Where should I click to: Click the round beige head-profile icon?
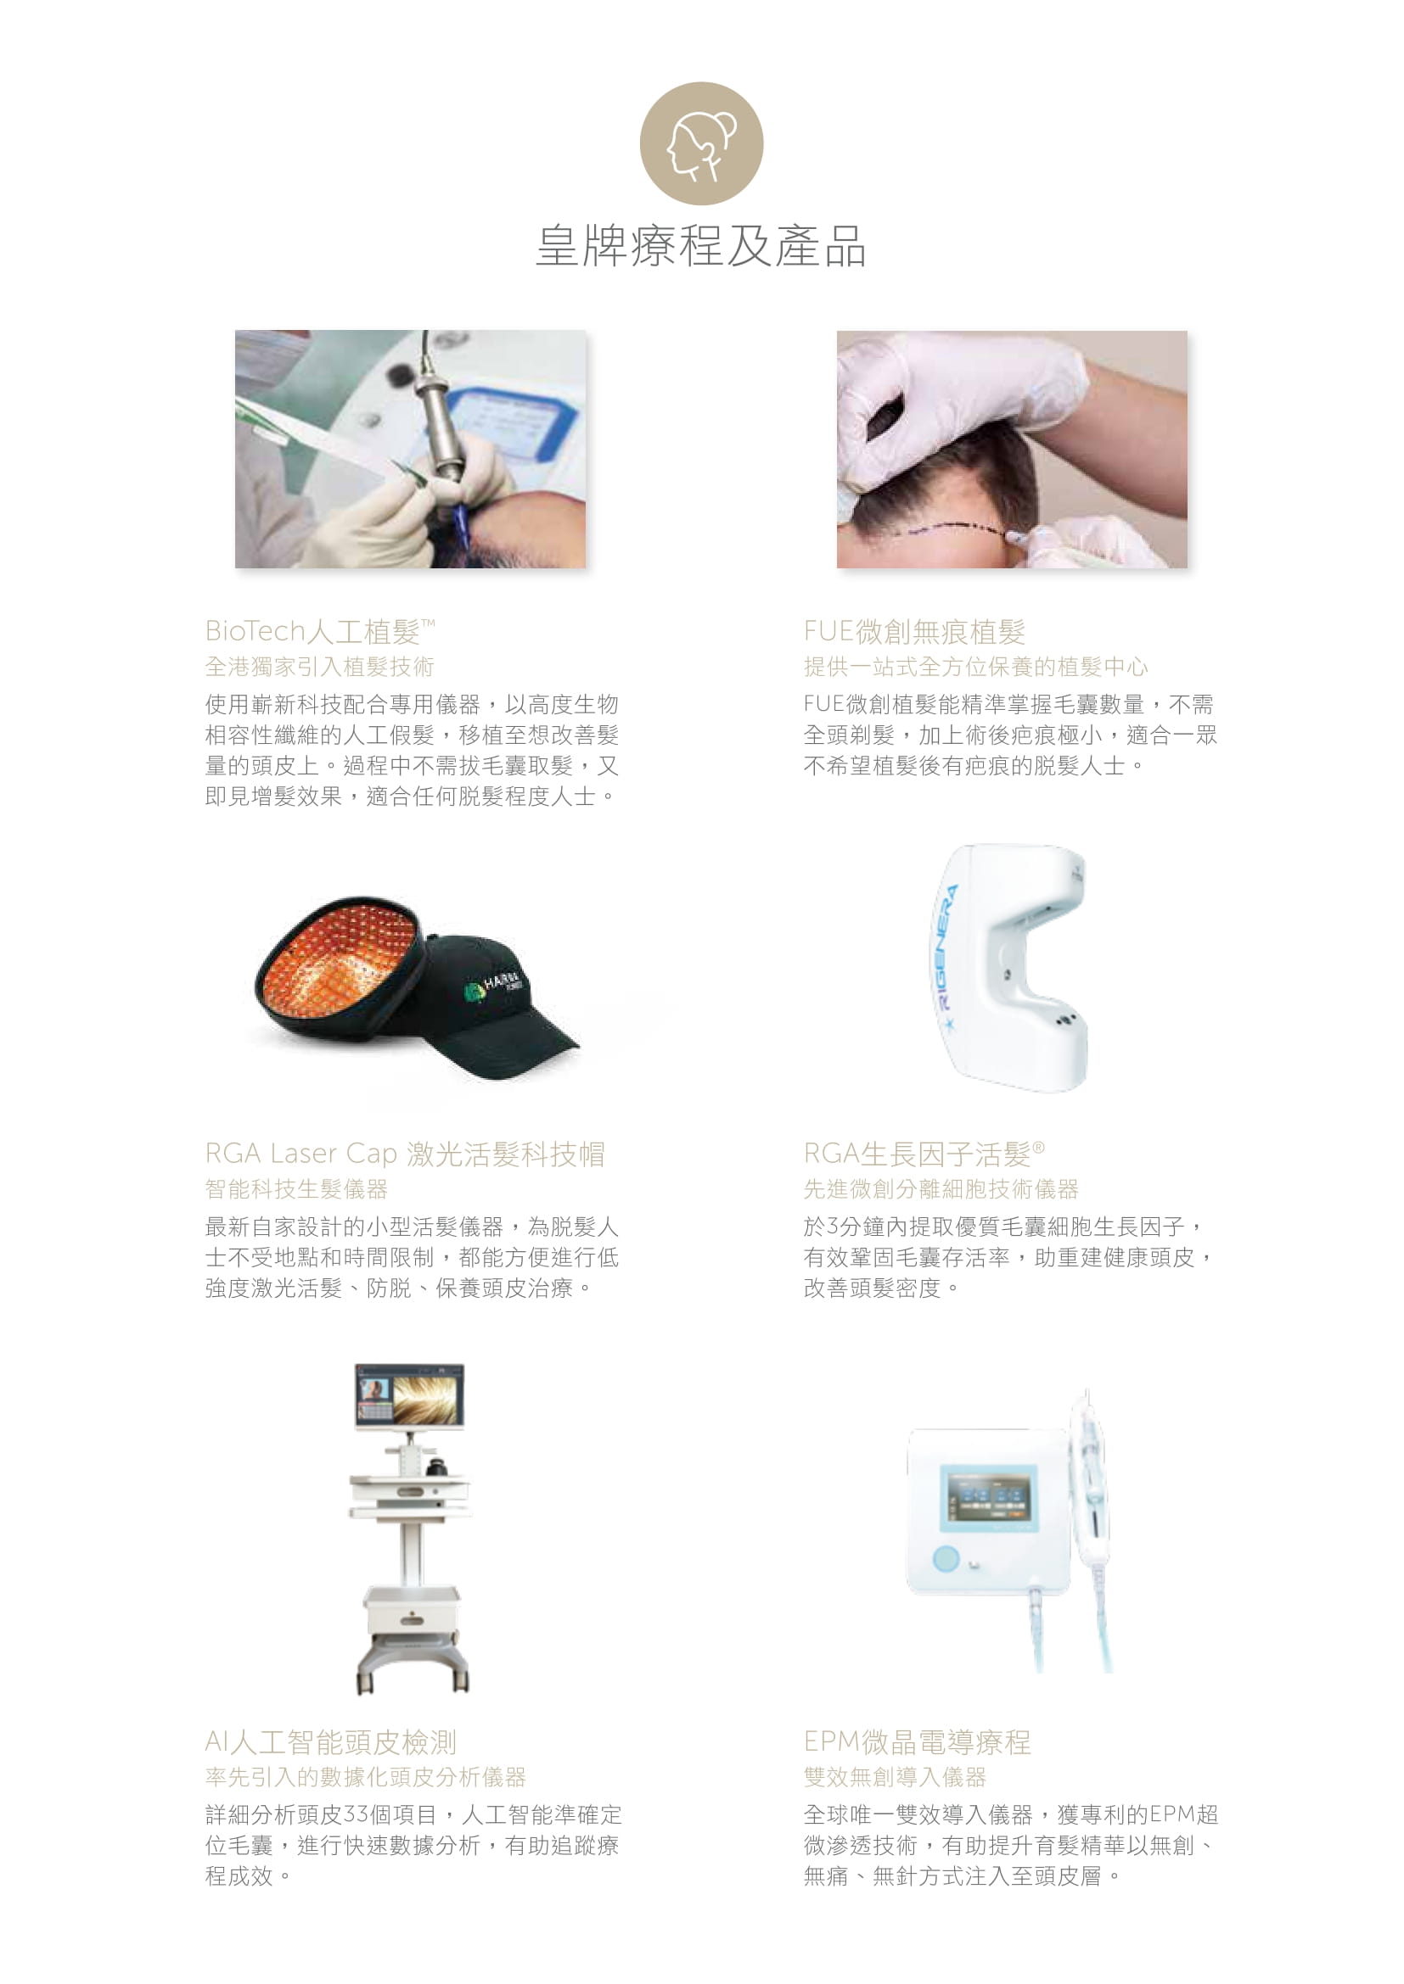[x=701, y=143]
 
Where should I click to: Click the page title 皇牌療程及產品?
[x=701, y=245]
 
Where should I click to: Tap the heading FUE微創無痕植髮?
[x=915, y=632]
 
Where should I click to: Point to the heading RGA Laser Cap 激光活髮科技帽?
[x=405, y=1154]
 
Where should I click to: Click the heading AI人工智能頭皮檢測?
[x=330, y=1742]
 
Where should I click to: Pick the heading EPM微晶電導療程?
[x=918, y=1742]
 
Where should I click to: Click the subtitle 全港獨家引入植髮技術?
[x=319, y=666]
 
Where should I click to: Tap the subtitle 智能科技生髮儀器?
[x=296, y=1189]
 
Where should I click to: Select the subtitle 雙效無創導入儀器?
[x=895, y=1778]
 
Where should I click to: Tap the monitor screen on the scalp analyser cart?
[x=409, y=1396]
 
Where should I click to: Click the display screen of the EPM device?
[x=988, y=1497]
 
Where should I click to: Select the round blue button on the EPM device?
[x=946, y=1559]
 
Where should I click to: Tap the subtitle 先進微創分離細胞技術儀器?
[x=941, y=1189]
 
